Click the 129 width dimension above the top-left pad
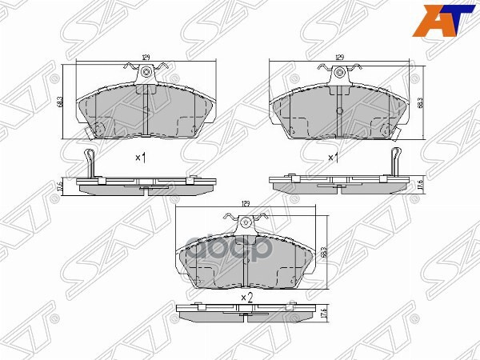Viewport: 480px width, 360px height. tap(146, 57)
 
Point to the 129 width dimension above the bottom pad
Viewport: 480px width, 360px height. tap(246, 205)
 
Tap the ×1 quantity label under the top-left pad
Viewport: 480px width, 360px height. tap(140, 158)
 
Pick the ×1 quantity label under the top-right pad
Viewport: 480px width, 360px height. tap(334, 158)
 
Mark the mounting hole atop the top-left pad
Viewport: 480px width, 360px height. tap(147, 74)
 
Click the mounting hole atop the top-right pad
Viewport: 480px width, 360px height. tap(340, 74)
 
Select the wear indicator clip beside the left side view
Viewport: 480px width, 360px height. tap(90, 163)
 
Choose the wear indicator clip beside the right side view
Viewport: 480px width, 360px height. tap(394, 163)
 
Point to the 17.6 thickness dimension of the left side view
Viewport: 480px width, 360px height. tap(62, 186)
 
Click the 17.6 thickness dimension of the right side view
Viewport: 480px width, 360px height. tap(420, 186)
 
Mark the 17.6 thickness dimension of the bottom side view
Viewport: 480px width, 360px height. tap(326, 314)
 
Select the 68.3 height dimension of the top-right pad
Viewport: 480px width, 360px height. tap(422, 103)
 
